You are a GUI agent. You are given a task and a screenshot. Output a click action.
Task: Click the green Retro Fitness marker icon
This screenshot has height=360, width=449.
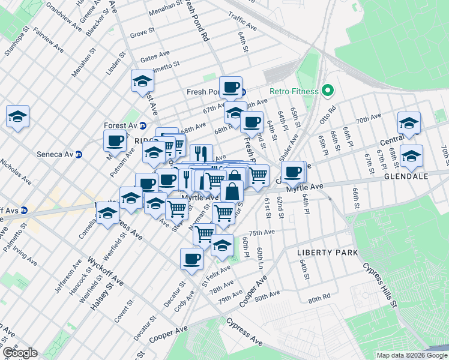(x=327, y=91)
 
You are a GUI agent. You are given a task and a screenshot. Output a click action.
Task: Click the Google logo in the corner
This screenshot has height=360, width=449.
(x=20, y=353)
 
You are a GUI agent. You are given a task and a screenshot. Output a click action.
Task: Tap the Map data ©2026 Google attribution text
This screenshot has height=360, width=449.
(x=412, y=355)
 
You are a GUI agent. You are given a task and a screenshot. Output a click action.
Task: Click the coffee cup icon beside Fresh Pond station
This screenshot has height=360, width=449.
(x=231, y=88)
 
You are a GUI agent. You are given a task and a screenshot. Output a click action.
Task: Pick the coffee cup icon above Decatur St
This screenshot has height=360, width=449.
(x=191, y=259)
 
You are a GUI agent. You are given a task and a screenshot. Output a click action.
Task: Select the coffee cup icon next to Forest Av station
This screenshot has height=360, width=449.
(x=115, y=141)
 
